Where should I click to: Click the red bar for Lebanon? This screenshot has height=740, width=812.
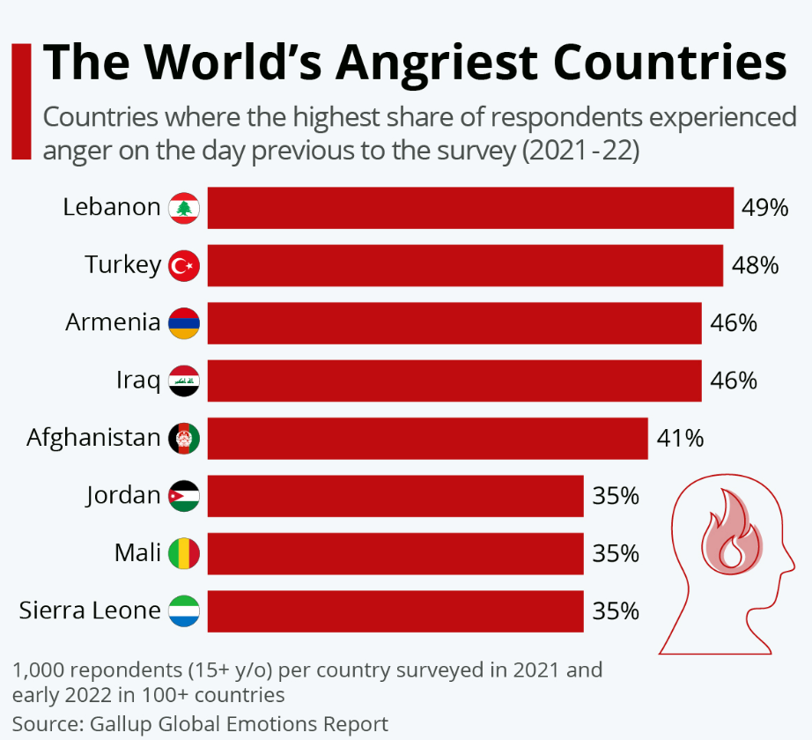coord(470,208)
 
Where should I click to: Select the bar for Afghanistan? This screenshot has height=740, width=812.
coord(427,438)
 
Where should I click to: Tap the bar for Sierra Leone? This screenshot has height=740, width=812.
coord(395,610)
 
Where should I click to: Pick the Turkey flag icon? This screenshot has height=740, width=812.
coord(184,265)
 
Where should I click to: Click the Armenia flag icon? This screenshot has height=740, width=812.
coord(184,323)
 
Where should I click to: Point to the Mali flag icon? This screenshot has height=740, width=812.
coord(184,553)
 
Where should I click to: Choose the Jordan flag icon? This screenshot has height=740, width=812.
coord(184,496)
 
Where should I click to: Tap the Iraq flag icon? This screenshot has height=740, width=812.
coord(184,381)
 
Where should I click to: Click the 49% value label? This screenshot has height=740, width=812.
coord(764,208)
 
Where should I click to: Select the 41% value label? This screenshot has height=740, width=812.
coord(679,438)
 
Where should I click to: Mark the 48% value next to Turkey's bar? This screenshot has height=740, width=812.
coord(755,265)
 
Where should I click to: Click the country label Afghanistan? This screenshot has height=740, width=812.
coord(93,438)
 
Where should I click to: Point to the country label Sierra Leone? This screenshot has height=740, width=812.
coord(90,610)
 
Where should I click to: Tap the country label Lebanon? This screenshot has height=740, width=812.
coord(112,208)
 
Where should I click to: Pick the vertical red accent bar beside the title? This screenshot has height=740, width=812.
coord(21,101)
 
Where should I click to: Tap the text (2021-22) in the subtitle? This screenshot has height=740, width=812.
coord(580,151)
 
